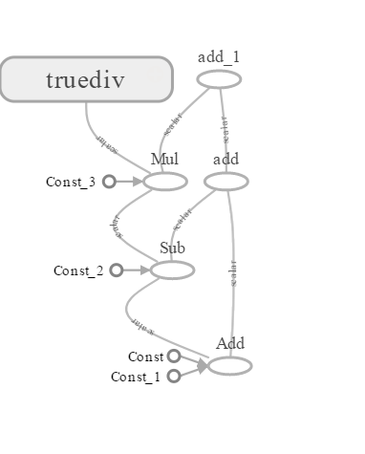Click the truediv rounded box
[x=86, y=78]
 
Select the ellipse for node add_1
[x=219, y=79]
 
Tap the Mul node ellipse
[x=165, y=181]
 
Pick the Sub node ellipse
[x=172, y=270]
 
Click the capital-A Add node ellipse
[x=230, y=365]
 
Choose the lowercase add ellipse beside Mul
[x=226, y=181]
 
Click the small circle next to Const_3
[x=109, y=181]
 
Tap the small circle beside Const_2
[x=117, y=270]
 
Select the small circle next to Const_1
[x=174, y=376]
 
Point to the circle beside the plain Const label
[x=174, y=357]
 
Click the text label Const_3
[x=71, y=182]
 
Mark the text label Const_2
[x=78, y=271]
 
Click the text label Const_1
[x=136, y=377]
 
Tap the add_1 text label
[x=219, y=56]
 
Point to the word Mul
[x=165, y=159]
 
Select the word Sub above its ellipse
[x=173, y=249]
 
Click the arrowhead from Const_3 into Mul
[x=140, y=181]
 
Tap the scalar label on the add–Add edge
[x=234, y=272]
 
